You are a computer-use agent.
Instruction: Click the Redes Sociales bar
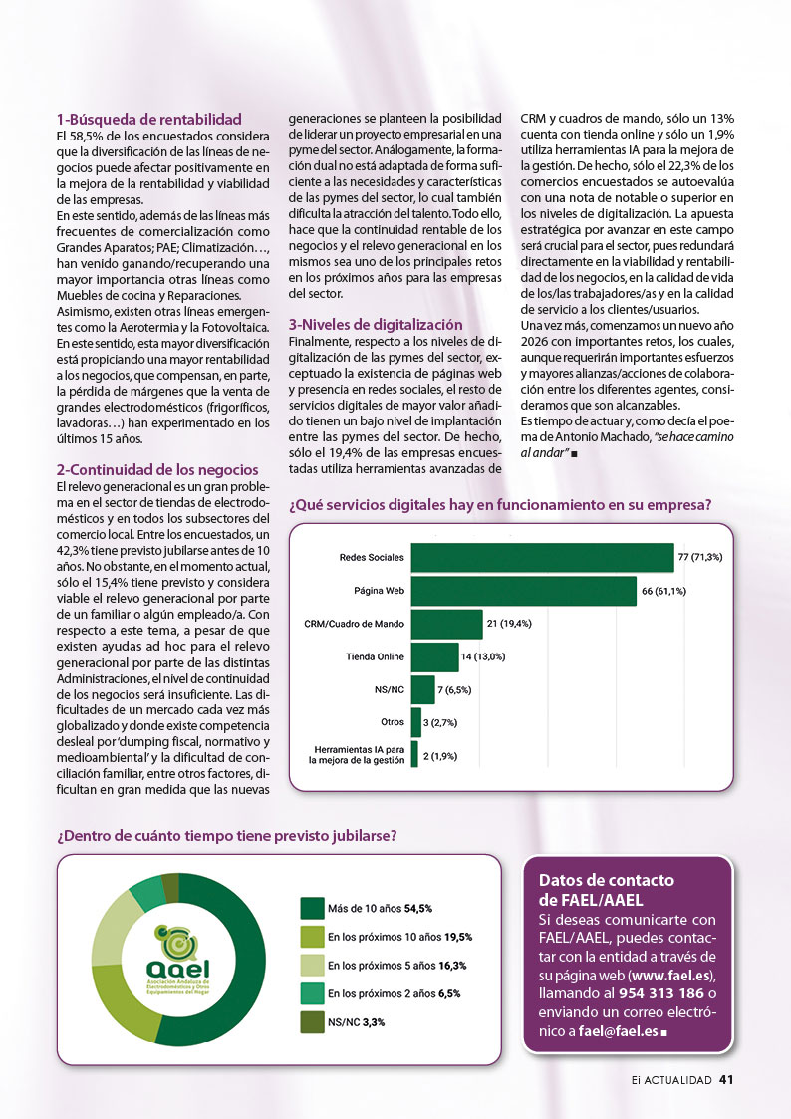[x=541, y=557]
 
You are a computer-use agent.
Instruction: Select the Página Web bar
[x=522, y=591]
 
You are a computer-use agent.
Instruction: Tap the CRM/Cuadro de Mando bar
[x=446, y=624]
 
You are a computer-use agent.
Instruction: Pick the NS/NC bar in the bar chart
[x=422, y=690]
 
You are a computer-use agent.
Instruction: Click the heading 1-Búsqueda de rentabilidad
[x=148, y=118]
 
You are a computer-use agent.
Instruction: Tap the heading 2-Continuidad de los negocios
[x=156, y=469]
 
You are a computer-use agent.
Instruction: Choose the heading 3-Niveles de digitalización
[x=376, y=324]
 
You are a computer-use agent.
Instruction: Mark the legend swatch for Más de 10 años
[x=312, y=908]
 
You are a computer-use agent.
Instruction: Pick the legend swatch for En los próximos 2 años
[x=312, y=992]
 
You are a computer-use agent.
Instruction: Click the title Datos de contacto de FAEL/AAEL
[x=606, y=890]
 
